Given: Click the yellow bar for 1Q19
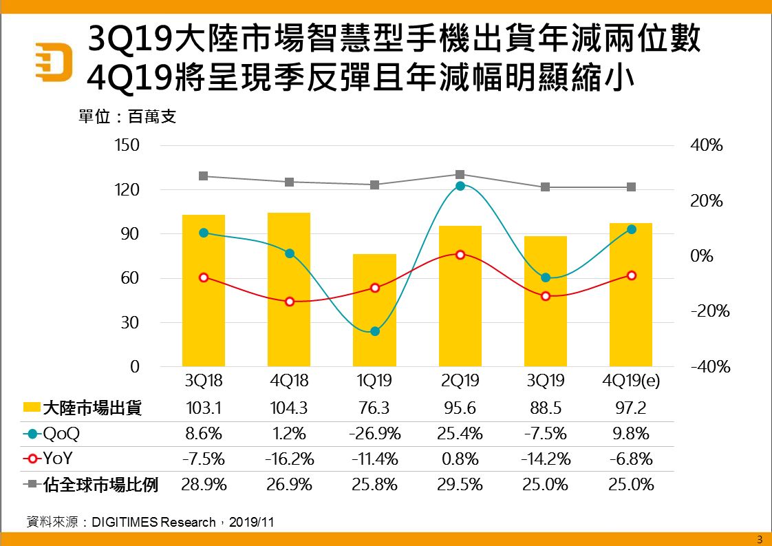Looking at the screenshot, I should click(x=374, y=310).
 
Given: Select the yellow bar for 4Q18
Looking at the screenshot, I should click(x=289, y=289).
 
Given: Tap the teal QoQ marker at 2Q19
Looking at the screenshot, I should click(x=460, y=186).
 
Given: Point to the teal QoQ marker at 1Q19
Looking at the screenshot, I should click(x=375, y=331).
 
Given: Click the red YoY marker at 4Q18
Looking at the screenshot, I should click(x=290, y=302).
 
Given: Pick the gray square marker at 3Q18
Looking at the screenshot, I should click(x=204, y=176).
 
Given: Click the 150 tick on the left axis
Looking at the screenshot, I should click(x=129, y=145).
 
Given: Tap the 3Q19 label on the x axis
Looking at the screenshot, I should click(x=546, y=381).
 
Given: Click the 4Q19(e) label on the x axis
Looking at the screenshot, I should click(x=631, y=381).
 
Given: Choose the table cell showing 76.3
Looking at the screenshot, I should click(x=374, y=408).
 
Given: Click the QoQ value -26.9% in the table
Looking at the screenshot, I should click(x=374, y=434).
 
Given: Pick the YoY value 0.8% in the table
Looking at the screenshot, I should click(x=460, y=459).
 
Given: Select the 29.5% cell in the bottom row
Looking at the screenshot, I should click(x=460, y=485).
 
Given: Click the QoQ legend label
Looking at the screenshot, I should click(x=61, y=434).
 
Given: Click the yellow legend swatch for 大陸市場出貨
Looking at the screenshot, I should click(x=30, y=408).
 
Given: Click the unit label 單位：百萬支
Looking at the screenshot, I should click(x=127, y=117).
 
